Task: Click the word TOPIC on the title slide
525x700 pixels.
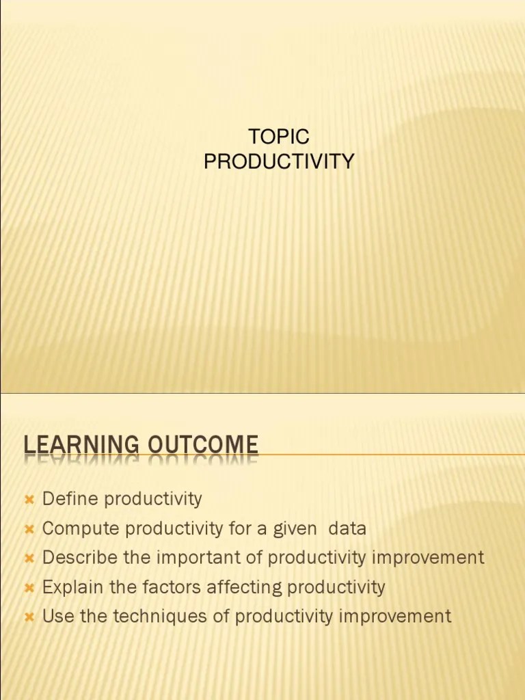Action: (279, 137)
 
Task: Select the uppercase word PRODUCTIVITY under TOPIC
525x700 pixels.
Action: (279, 162)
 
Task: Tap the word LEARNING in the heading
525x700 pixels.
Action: (73, 445)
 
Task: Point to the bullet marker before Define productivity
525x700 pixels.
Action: (29, 500)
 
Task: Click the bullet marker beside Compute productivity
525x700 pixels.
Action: (29, 529)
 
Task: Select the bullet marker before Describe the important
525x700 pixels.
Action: (29, 558)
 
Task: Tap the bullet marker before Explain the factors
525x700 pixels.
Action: (29, 588)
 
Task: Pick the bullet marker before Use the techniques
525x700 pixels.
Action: (29, 617)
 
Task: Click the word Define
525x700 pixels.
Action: (66, 498)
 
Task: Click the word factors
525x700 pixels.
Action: (152, 587)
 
